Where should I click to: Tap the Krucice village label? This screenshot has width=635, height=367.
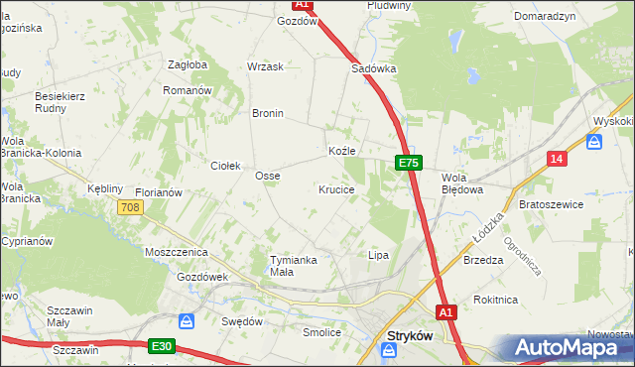point(336,188)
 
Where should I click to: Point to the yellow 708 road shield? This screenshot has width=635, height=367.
point(130,207)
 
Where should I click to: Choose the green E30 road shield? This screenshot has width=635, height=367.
point(163,346)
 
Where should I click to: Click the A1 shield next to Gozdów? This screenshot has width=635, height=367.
point(304,5)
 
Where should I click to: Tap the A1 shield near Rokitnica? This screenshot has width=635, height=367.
point(446,311)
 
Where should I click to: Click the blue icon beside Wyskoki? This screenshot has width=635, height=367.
point(594,142)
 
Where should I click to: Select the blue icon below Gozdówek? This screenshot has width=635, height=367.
point(186,320)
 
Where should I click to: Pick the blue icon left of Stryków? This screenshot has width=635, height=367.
point(391,348)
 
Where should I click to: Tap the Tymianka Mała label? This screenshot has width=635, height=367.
point(294,266)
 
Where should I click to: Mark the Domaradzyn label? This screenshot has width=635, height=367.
point(545,17)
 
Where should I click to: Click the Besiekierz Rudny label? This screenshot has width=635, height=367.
point(63,103)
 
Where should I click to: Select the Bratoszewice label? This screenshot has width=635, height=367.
point(551,203)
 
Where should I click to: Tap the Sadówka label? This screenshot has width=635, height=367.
point(374,69)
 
